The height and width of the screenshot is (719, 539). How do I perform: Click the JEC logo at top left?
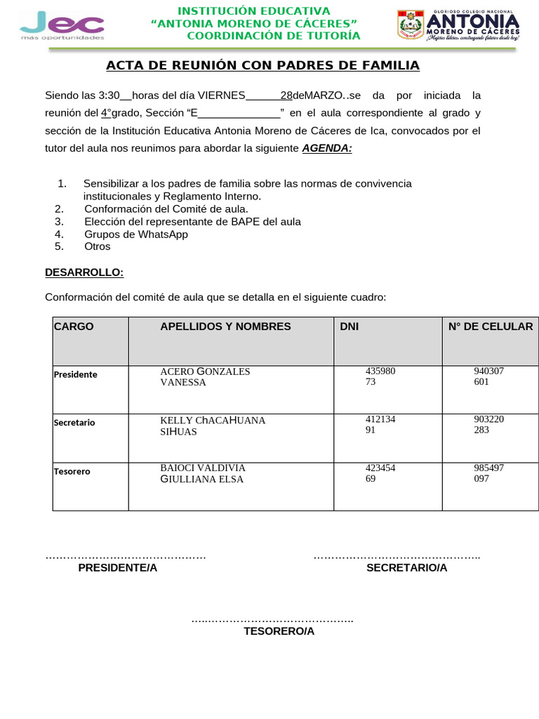(62, 25)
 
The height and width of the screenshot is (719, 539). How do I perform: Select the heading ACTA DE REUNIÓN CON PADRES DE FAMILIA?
(262, 66)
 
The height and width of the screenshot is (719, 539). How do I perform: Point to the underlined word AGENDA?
(327, 148)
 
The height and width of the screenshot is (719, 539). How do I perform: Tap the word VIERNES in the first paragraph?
(221, 95)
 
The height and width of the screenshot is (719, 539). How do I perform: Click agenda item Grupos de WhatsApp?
(136, 235)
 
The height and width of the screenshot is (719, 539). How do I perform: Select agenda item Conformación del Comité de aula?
(166, 209)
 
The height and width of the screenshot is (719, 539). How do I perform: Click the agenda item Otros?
(98, 247)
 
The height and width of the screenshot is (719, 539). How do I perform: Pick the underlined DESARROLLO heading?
(84, 272)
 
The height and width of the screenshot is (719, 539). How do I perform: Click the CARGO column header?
(74, 326)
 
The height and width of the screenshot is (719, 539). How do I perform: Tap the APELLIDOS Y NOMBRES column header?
(225, 326)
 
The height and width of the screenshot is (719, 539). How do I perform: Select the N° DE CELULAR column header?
(491, 326)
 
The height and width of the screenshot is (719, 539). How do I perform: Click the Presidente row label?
(76, 375)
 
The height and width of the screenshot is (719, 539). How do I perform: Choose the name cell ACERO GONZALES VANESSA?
(205, 377)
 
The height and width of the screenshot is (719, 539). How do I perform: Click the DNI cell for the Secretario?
(380, 426)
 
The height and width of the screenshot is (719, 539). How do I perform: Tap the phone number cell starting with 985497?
(488, 473)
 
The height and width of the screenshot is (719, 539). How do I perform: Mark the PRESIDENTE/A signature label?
(118, 568)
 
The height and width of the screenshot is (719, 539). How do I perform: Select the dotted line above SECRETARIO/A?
(397, 557)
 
